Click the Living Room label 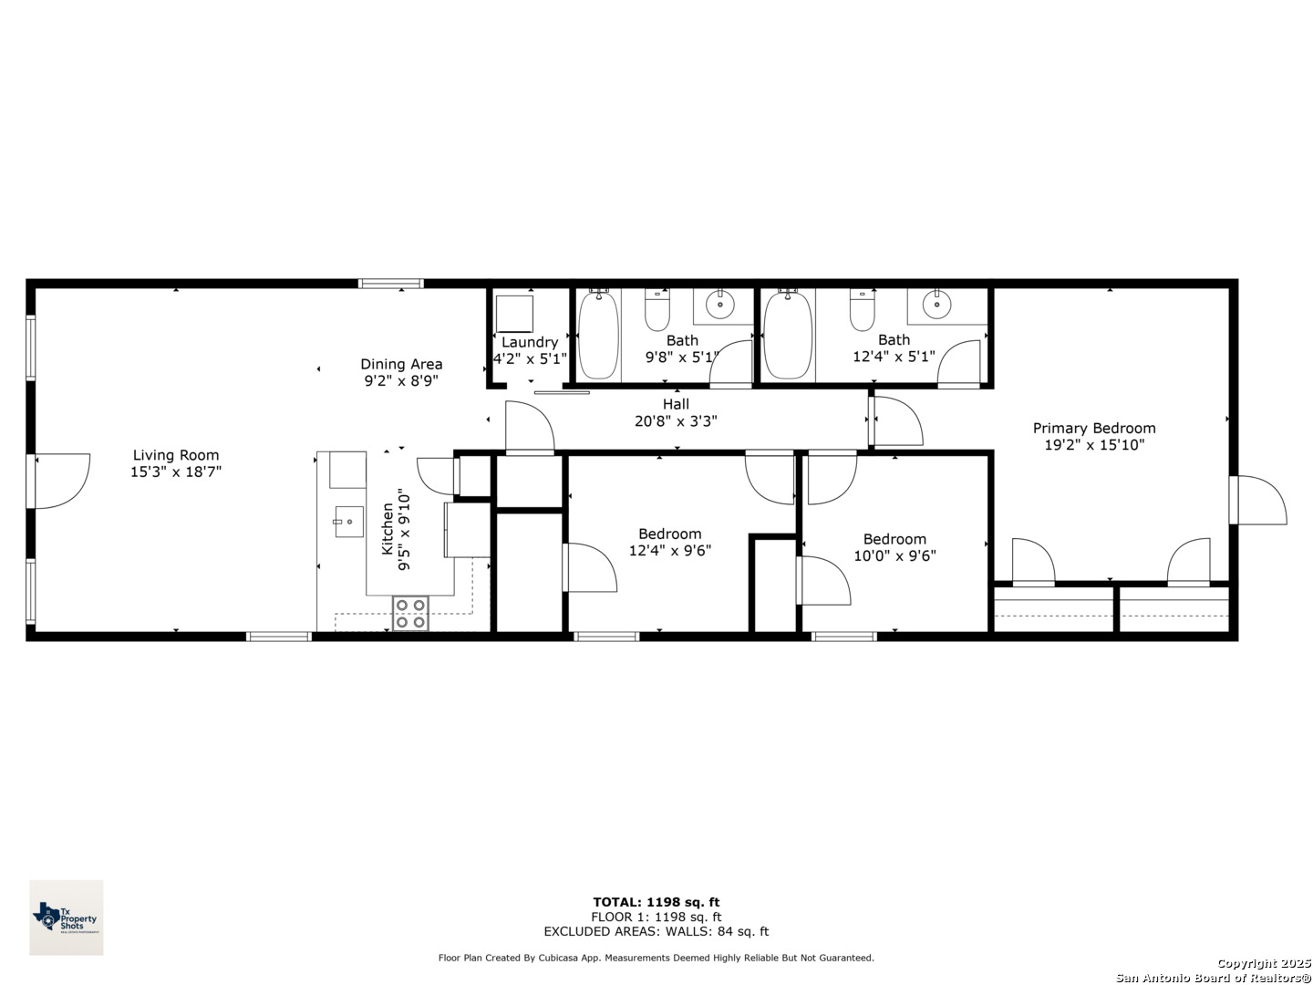tap(175, 455)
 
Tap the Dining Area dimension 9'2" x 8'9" tap(401, 381)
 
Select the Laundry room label tap(530, 342)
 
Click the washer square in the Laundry tap(514, 314)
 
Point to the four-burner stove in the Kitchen tap(410, 614)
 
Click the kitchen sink tap(349, 522)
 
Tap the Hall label tap(676, 404)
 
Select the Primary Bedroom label tap(1094, 429)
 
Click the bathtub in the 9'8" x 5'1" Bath tap(598, 335)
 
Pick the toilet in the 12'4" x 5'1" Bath tap(862, 310)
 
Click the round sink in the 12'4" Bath tap(936, 305)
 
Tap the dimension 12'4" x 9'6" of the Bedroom tap(670, 550)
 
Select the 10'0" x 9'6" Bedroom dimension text tap(894, 555)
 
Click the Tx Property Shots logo tap(67, 917)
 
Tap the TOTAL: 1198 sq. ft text tap(656, 902)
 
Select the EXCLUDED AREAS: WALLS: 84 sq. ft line tap(656, 931)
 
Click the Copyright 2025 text tap(1264, 963)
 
